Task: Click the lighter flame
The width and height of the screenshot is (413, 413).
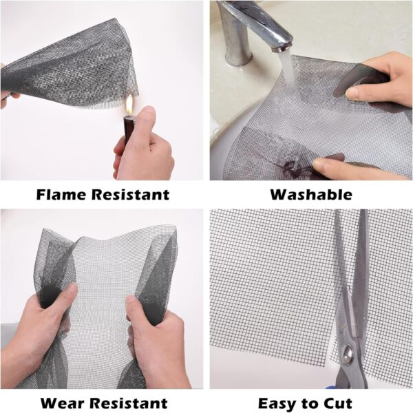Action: pyautogui.click(x=129, y=106)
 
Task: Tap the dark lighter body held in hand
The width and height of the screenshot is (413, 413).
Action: pyautogui.click(x=128, y=130)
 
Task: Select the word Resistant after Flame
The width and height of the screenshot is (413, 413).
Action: pyautogui.click(x=130, y=195)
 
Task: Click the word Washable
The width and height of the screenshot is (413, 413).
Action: pyautogui.click(x=311, y=195)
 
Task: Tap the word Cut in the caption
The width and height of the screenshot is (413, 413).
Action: pyautogui.click(x=338, y=403)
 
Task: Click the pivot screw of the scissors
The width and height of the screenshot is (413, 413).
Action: pyautogui.click(x=348, y=352)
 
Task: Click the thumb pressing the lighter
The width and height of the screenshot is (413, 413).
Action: pyautogui.click(x=145, y=116)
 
